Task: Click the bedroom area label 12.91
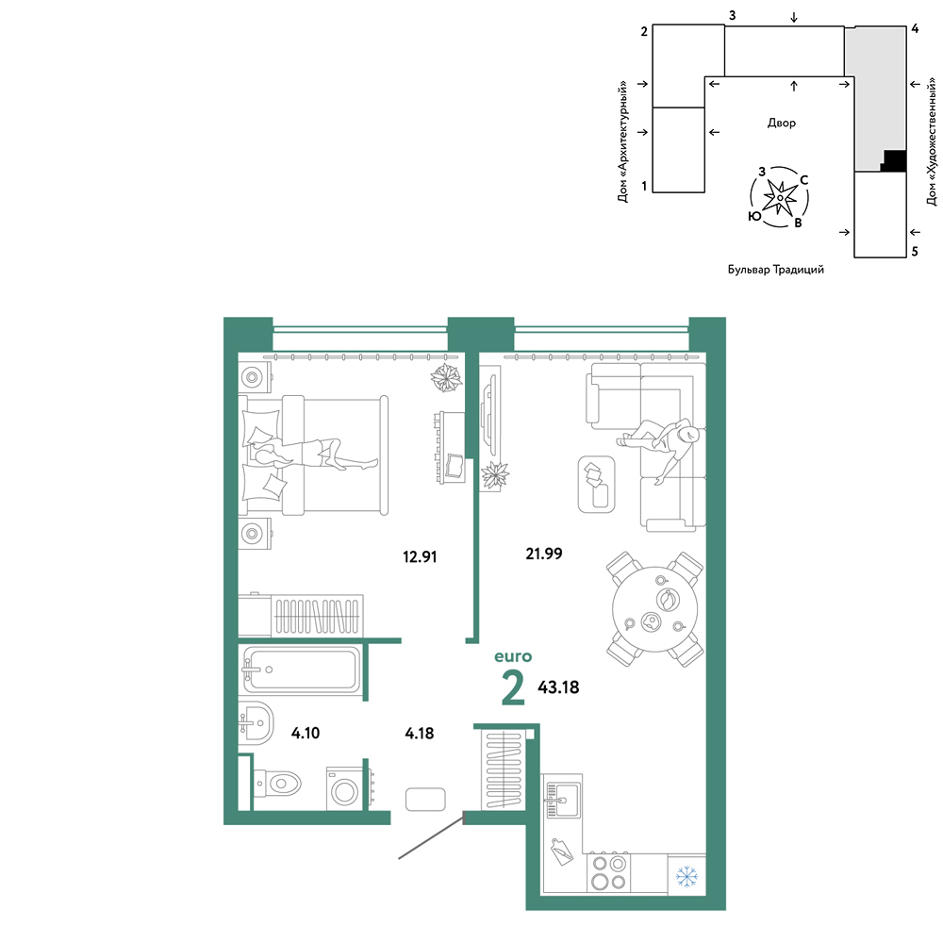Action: tap(420, 557)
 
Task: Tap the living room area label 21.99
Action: tap(544, 554)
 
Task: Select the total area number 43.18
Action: tap(558, 687)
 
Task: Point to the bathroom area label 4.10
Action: tap(306, 733)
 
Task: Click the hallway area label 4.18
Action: tap(420, 733)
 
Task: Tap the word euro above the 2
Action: tap(513, 656)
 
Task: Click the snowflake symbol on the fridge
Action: tap(687, 876)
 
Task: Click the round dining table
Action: tap(655, 609)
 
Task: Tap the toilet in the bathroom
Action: tap(278, 784)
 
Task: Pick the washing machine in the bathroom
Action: tap(344, 788)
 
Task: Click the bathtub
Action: tap(300, 670)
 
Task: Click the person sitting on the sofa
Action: tap(663, 445)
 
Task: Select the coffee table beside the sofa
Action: tap(596, 484)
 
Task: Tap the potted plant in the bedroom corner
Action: tap(446, 378)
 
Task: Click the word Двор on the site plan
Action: tap(781, 123)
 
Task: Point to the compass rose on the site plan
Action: tap(780, 197)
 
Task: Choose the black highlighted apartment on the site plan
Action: tap(894, 160)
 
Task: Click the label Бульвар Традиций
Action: tap(776, 270)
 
